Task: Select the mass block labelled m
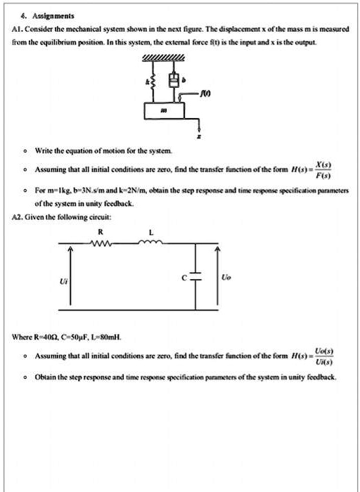(165, 111)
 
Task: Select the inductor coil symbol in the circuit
(151, 245)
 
